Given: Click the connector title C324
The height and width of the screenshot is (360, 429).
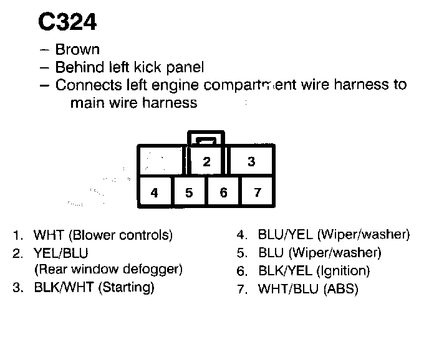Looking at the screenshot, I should tap(68, 22).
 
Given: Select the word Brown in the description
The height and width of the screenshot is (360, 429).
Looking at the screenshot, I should tap(77, 49).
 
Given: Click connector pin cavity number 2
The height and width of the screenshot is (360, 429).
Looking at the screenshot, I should tap(206, 162).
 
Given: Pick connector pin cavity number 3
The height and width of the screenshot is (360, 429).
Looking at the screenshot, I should tap(251, 162).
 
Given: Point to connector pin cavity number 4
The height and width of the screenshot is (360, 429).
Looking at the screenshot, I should tap(154, 192).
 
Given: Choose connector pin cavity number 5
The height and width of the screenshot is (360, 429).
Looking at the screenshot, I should tap(189, 192).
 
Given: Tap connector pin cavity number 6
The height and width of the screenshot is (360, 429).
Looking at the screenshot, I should tap(224, 192).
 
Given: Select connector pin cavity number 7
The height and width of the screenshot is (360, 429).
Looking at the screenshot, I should tap(258, 192).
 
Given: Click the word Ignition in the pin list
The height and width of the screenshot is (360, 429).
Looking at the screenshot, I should tap(343, 271).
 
